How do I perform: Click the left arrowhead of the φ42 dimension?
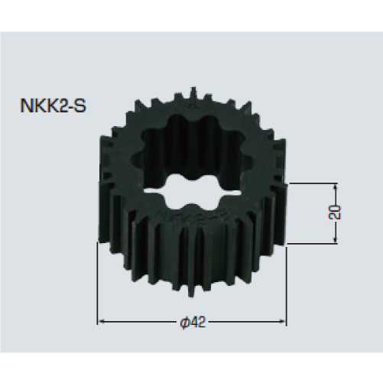[x=100, y=321]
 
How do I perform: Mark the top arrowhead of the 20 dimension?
[x=333, y=186]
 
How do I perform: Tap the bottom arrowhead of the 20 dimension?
[x=333, y=242]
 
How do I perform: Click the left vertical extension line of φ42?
[x=97, y=290]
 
